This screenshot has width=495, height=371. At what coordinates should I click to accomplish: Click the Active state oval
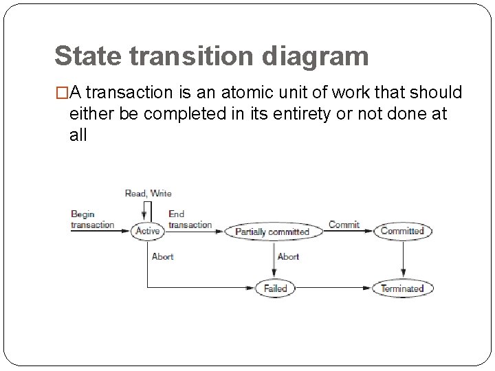[147, 232]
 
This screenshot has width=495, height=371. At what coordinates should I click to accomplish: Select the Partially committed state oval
[272, 232]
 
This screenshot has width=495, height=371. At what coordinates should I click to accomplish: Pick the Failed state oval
[275, 289]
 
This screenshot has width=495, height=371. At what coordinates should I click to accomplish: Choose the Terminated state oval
[403, 289]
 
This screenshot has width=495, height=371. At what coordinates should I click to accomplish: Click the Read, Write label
[148, 194]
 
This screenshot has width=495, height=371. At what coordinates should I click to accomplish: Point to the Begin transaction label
[92, 220]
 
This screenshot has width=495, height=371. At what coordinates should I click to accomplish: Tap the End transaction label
[190, 220]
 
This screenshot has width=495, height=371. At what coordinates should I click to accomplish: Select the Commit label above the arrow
[344, 225]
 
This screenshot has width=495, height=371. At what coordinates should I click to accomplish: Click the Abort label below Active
[162, 257]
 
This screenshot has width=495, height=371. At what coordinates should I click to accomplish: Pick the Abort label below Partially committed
[288, 257]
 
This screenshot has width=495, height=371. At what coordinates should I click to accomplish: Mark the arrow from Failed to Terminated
[334, 289]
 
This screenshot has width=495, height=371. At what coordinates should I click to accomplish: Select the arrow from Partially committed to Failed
[273, 260]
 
